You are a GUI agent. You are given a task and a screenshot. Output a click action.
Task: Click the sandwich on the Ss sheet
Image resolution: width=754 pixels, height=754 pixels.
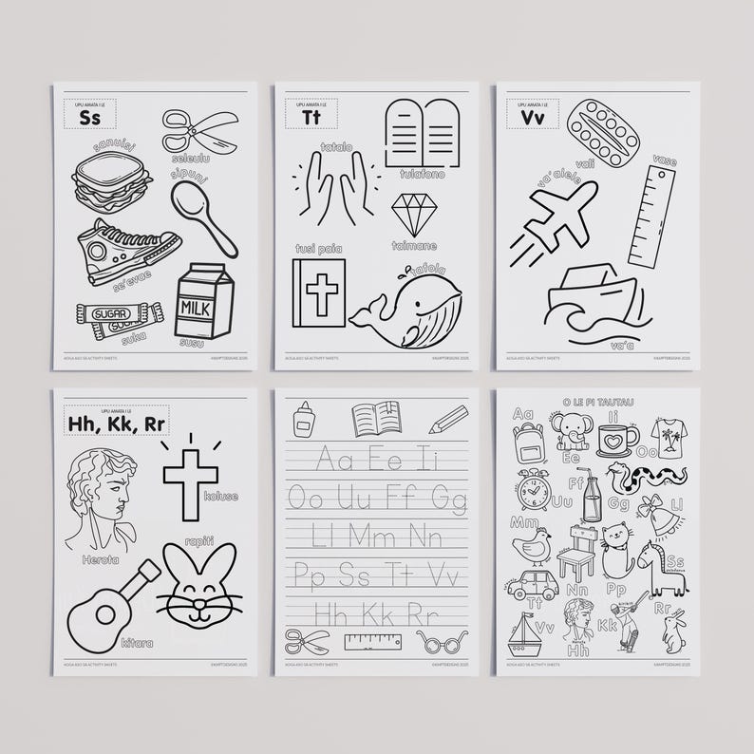coord(112,180)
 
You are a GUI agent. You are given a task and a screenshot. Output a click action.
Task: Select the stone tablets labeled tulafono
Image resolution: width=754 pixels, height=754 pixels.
coord(422,134)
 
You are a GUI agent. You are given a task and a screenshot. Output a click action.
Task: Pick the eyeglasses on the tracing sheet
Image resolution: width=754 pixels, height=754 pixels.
coord(442,642)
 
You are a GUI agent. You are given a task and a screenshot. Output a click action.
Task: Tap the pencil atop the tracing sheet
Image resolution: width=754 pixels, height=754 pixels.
coord(448,419)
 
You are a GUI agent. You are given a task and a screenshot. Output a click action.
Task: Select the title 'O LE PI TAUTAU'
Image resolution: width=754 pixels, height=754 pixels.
coord(597,401)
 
